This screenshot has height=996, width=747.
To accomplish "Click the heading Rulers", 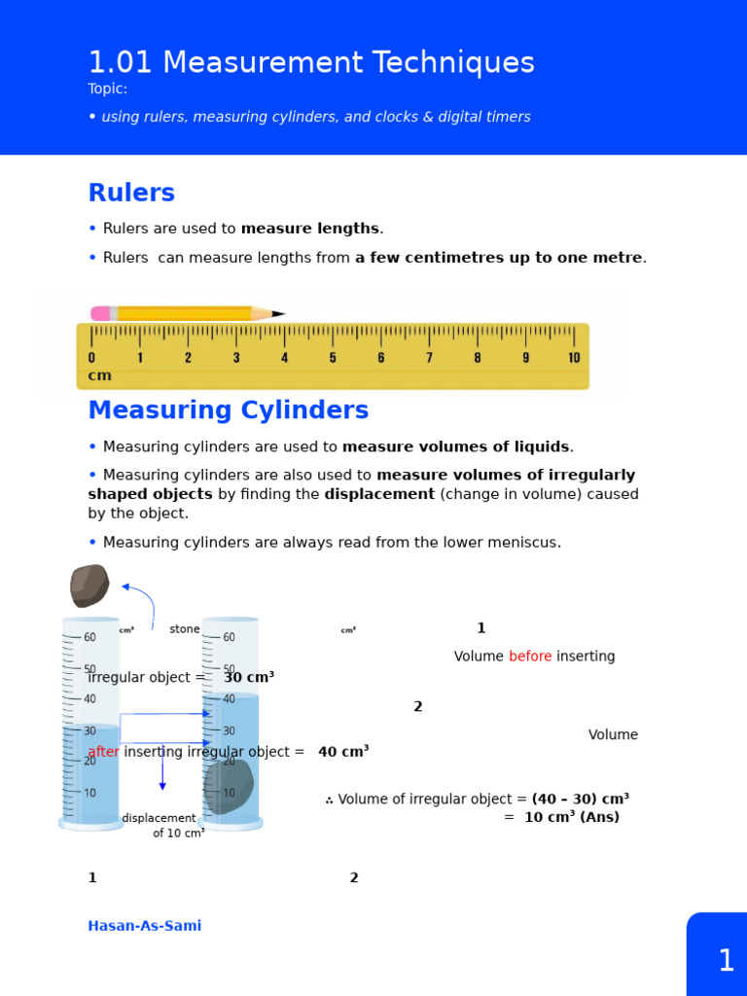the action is pyautogui.click(x=131, y=193).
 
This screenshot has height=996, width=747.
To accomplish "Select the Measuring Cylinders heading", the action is pyautogui.click(x=228, y=410).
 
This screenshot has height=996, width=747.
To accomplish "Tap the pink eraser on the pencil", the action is pyautogui.click(x=100, y=313).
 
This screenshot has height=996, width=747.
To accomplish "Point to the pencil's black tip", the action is pyautogui.click(x=279, y=313).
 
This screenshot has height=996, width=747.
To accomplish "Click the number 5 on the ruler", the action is pyautogui.click(x=333, y=358).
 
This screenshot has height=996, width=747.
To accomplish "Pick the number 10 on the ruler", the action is pyautogui.click(x=574, y=358).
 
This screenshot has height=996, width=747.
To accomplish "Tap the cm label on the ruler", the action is pyautogui.click(x=99, y=375).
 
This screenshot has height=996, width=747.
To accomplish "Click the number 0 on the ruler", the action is pyautogui.click(x=91, y=358).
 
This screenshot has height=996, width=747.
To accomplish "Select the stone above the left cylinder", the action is pyautogui.click(x=89, y=586).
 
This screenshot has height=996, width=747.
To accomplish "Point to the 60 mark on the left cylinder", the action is pyautogui.click(x=89, y=638).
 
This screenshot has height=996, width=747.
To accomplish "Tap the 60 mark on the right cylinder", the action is pyautogui.click(x=229, y=638).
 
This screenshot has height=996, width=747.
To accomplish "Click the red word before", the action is pyautogui.click(x=530, y=657).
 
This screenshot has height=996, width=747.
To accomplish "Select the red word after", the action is pyautogui.click(x=104, y=752).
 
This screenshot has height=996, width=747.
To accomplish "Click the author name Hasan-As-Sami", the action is pyautogui.click(x=144, y=926).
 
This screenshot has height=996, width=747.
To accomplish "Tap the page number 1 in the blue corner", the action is pyautogui.click(x=726, y=961).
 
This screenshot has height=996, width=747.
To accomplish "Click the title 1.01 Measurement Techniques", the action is pyautogui.click(x=311, y=63).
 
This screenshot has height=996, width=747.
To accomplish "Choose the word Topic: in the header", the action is pyautogui.click(x=107, y=89).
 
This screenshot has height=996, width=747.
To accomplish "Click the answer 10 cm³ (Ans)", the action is pyautogui.click(x=571, y=817).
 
